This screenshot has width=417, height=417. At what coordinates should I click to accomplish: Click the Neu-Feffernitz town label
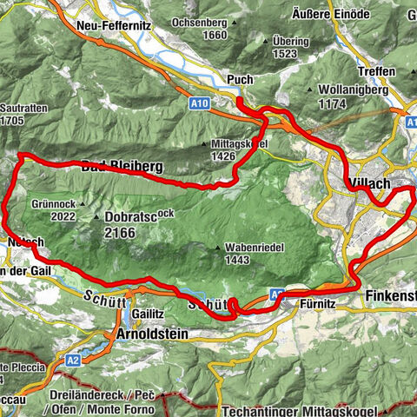click(x=113, y=27)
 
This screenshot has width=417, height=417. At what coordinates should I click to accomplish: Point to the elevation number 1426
click(x=221, y=156)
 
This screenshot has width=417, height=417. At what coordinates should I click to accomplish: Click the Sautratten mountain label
click(x=20, y=109)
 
